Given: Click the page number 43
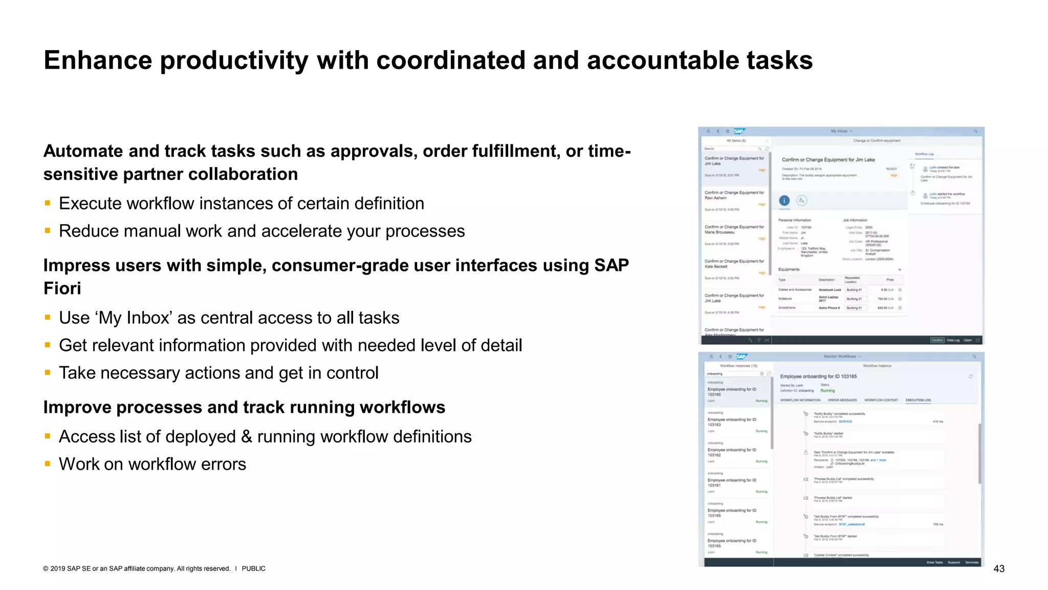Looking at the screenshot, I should pyautogui.click(x=998, y=568).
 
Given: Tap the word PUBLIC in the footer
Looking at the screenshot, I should pyautogui.click(x=253, y=568).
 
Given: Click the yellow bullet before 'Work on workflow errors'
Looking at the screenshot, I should pyautogui.click(x=48, y=464).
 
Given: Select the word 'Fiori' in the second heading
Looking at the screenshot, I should pyautogui.click(x=62, y=288).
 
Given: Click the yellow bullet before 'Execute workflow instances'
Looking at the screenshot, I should pyautogui.click(x=48, y=203).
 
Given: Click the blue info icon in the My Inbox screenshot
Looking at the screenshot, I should pyautogui.click(x=784, y=201).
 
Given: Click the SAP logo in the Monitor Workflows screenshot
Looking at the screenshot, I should pyautogui.click(x=741, y=356).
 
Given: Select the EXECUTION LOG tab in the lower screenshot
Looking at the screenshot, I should pyautogui.click(x=918, y=400).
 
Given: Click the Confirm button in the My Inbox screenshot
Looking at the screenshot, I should pyautogui.click(x=937, y=340).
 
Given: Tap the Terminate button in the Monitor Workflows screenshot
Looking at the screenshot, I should pyautogui.click(x=971, y=562).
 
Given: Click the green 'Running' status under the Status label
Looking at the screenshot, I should pyautogui.click(x=827, y=391).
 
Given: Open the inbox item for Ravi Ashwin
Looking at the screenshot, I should pyautogui.click(x=734, y=196).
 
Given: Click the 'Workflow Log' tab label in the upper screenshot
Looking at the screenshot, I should pyautogui.click(x=924, y=154).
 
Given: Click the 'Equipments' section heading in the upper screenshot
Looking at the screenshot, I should pyautogui.click(x=789, y=269).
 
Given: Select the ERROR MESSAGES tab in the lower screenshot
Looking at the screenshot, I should pyautogui.click(x=842, y=400).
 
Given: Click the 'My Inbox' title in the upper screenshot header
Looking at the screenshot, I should pyautogui.click(x=839, y=131).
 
